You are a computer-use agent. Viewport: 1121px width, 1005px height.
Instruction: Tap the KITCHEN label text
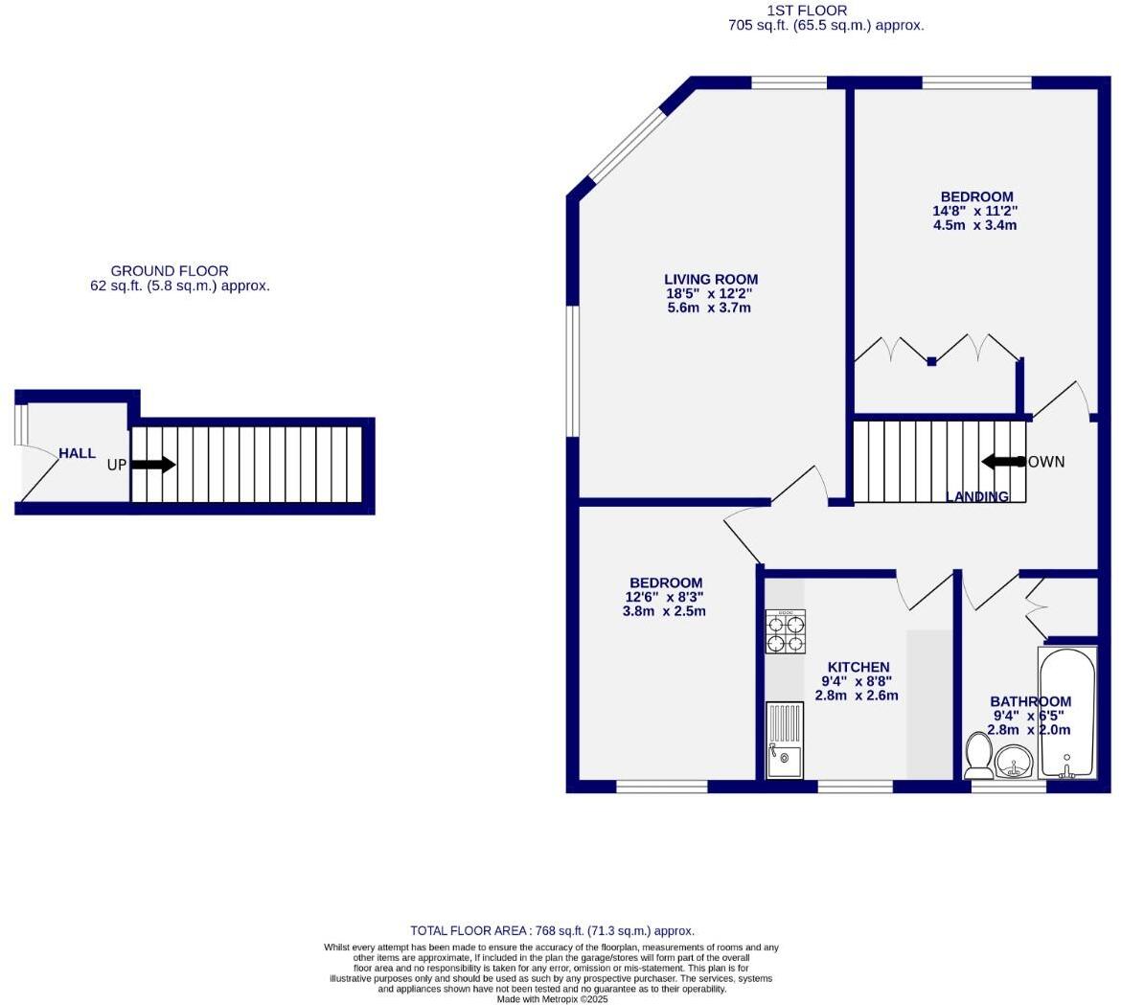(x=858, y=667)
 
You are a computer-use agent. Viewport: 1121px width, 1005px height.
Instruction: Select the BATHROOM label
(x=1030, y=701)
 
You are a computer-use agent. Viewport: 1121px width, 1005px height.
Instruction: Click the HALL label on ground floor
(x=77, y=453)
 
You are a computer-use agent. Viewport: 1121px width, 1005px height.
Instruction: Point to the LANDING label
(x=977, y=496)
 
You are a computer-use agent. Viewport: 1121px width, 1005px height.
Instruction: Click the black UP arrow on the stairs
(x=152, y=465)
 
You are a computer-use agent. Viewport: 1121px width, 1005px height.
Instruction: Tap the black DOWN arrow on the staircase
(x=1003, y=462)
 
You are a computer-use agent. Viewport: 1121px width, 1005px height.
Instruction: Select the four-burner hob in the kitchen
(x=785, y=631)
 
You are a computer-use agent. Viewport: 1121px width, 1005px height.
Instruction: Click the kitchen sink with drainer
(x=785, y=741)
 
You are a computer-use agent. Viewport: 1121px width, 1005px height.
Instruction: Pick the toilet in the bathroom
(x=978, y=755)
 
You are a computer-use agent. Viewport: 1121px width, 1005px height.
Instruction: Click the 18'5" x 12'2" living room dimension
(x=710, y=294)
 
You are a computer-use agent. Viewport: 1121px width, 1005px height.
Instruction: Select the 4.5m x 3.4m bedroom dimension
(x=974, y=226)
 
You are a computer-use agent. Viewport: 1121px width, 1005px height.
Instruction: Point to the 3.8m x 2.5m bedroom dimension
(x=664, y=611)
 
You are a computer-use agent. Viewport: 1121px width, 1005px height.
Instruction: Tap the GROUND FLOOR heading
(x=170, y=271)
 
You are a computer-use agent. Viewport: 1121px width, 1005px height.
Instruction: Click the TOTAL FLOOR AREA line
(x=552, y=930)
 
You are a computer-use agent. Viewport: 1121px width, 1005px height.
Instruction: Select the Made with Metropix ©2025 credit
(x=552, y=999)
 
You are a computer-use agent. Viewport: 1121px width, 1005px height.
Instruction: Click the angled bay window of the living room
(x=627, y=145)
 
